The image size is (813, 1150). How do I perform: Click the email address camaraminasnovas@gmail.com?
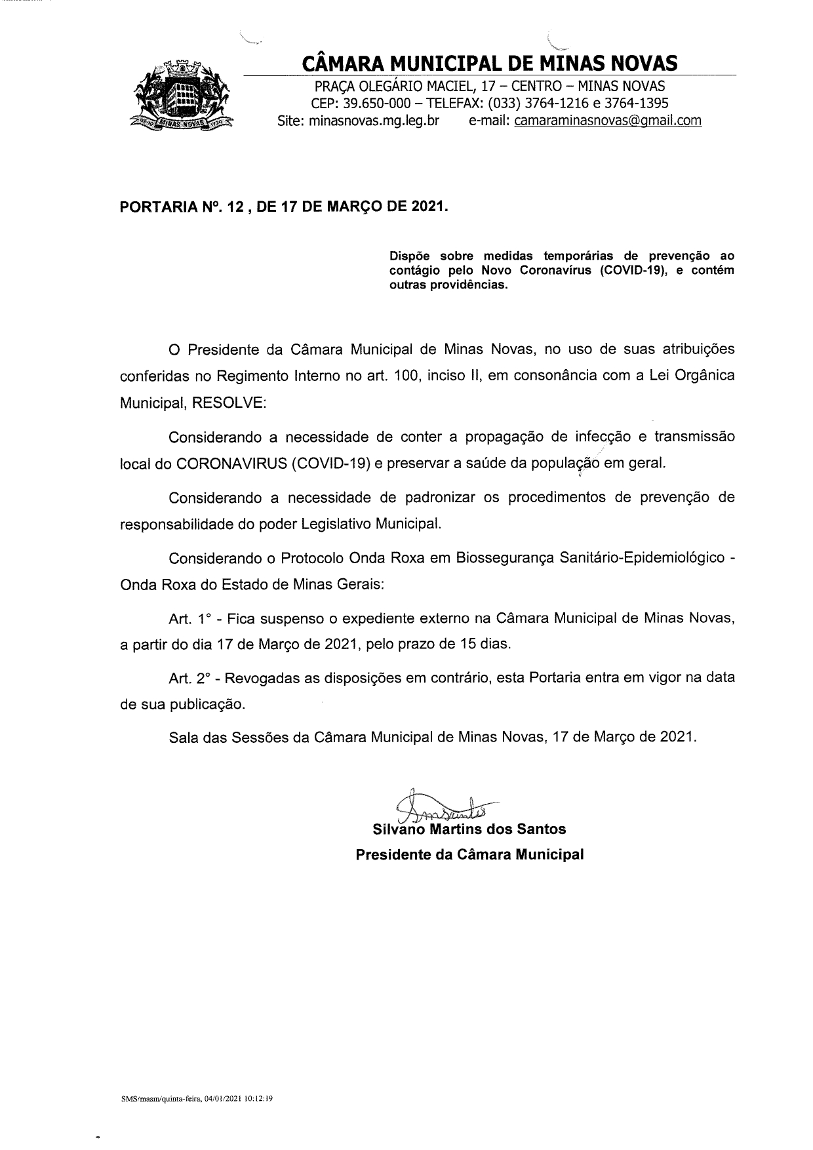click(608, 121)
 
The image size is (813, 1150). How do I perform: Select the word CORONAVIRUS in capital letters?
click(231, 463)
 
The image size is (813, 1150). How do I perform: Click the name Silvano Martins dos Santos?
click(469, 829)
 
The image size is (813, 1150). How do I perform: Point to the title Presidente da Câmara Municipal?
click(469, 855)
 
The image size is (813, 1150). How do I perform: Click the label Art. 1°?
click(188, 618)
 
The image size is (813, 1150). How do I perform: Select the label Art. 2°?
click(188, 679)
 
